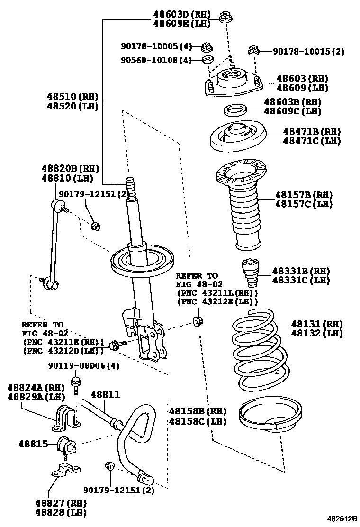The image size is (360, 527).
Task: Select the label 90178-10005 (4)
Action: point(156,46)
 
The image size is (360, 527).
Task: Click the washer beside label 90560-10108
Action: point(207,59)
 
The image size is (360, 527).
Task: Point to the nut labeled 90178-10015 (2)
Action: point(254,50)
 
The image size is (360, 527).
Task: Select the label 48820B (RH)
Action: point(70,169)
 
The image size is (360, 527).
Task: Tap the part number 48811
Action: point(105,394)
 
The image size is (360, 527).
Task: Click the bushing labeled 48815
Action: point(66,445)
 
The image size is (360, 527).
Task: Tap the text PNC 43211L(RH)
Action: point(217,292)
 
